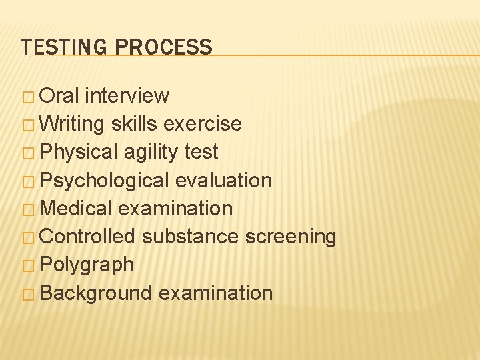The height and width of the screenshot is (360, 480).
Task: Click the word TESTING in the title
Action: click(65, 47)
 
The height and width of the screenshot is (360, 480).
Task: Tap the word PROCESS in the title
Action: click(164, 47)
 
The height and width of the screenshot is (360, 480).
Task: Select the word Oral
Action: click(60, 95)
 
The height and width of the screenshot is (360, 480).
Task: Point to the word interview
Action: click(128, 95)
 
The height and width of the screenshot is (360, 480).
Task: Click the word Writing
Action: click(73, 124)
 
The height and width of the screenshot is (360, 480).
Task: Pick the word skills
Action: click(135, 124)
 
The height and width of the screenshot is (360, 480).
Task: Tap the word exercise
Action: click(203, 124)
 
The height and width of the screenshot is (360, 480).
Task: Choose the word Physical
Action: click(79, 152)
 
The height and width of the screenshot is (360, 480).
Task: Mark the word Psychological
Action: click(105, 181)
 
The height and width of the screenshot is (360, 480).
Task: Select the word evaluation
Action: click(224, 180)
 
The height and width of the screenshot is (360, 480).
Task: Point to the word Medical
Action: click(76, 209)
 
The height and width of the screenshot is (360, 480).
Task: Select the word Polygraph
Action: click(87, 265)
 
